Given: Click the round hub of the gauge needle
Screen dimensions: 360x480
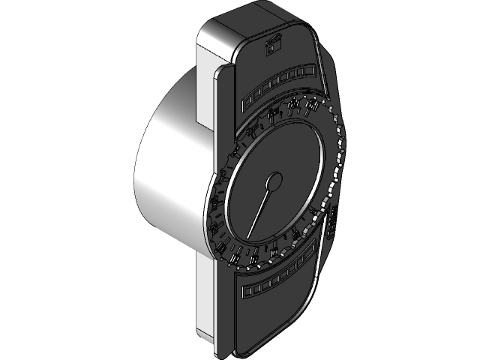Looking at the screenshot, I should click(274, 181).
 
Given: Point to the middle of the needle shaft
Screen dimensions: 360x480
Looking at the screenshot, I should click(261, 208).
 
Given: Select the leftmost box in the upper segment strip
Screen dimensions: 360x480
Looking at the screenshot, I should click(247, 100).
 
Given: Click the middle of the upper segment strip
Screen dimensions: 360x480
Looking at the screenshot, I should click(278, 84).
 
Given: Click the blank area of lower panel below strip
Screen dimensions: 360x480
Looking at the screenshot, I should click(270, 315).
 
